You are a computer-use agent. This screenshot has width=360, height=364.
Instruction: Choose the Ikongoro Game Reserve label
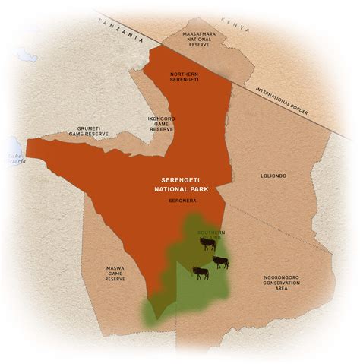[162, 124]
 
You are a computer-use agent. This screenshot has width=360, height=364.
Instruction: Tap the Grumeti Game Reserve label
[88, 131]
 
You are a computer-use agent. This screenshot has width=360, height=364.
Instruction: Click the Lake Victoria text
[15, 159]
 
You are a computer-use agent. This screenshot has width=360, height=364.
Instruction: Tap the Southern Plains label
[209, 235]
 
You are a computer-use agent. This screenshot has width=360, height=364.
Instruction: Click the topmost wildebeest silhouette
[207, 244]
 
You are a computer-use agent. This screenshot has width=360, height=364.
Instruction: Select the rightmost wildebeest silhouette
[219, 262]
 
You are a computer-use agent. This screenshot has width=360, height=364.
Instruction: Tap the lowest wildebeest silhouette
[200, 272]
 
